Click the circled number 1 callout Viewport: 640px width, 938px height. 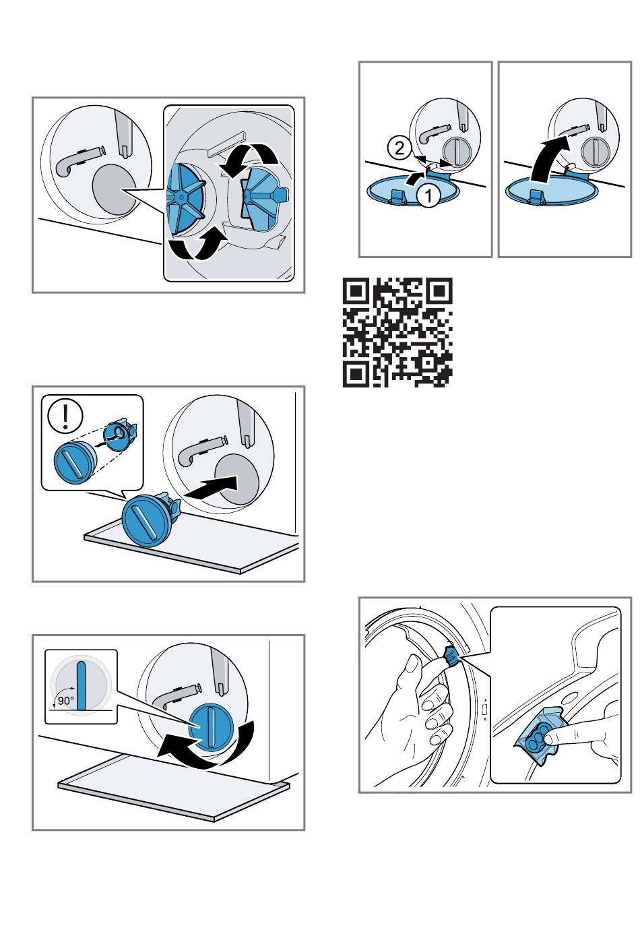tap(428, 195)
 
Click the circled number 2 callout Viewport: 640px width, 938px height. tap(399, 148)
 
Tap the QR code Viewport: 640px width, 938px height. tap(397, 332)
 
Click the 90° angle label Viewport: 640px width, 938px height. tap(66, 700)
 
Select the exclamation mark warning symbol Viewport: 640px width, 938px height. tap(65, 415)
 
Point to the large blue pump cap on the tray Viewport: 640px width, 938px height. tap(148, 520)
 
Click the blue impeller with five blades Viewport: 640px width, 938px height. tap(186, 197)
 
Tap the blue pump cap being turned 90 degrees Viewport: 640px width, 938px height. tap(210, 728)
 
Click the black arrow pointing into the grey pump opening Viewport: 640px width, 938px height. tap(211, 487)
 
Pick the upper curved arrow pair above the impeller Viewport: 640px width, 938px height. tap(249, 159)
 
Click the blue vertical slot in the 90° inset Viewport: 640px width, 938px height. tap(82, 686)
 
